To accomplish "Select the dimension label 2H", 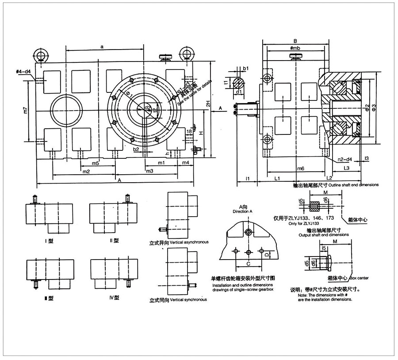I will (x=207, y=103).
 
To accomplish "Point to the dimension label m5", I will (x=95, y=163).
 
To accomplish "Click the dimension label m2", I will (x=86, y=171).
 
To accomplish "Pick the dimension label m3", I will (x=149, y=171).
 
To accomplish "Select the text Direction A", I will (x=245, y=212).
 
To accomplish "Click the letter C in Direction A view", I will (x=249, y=264).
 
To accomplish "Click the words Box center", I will (x=359, y=278).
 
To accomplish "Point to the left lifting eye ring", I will (x=41, y=56).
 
